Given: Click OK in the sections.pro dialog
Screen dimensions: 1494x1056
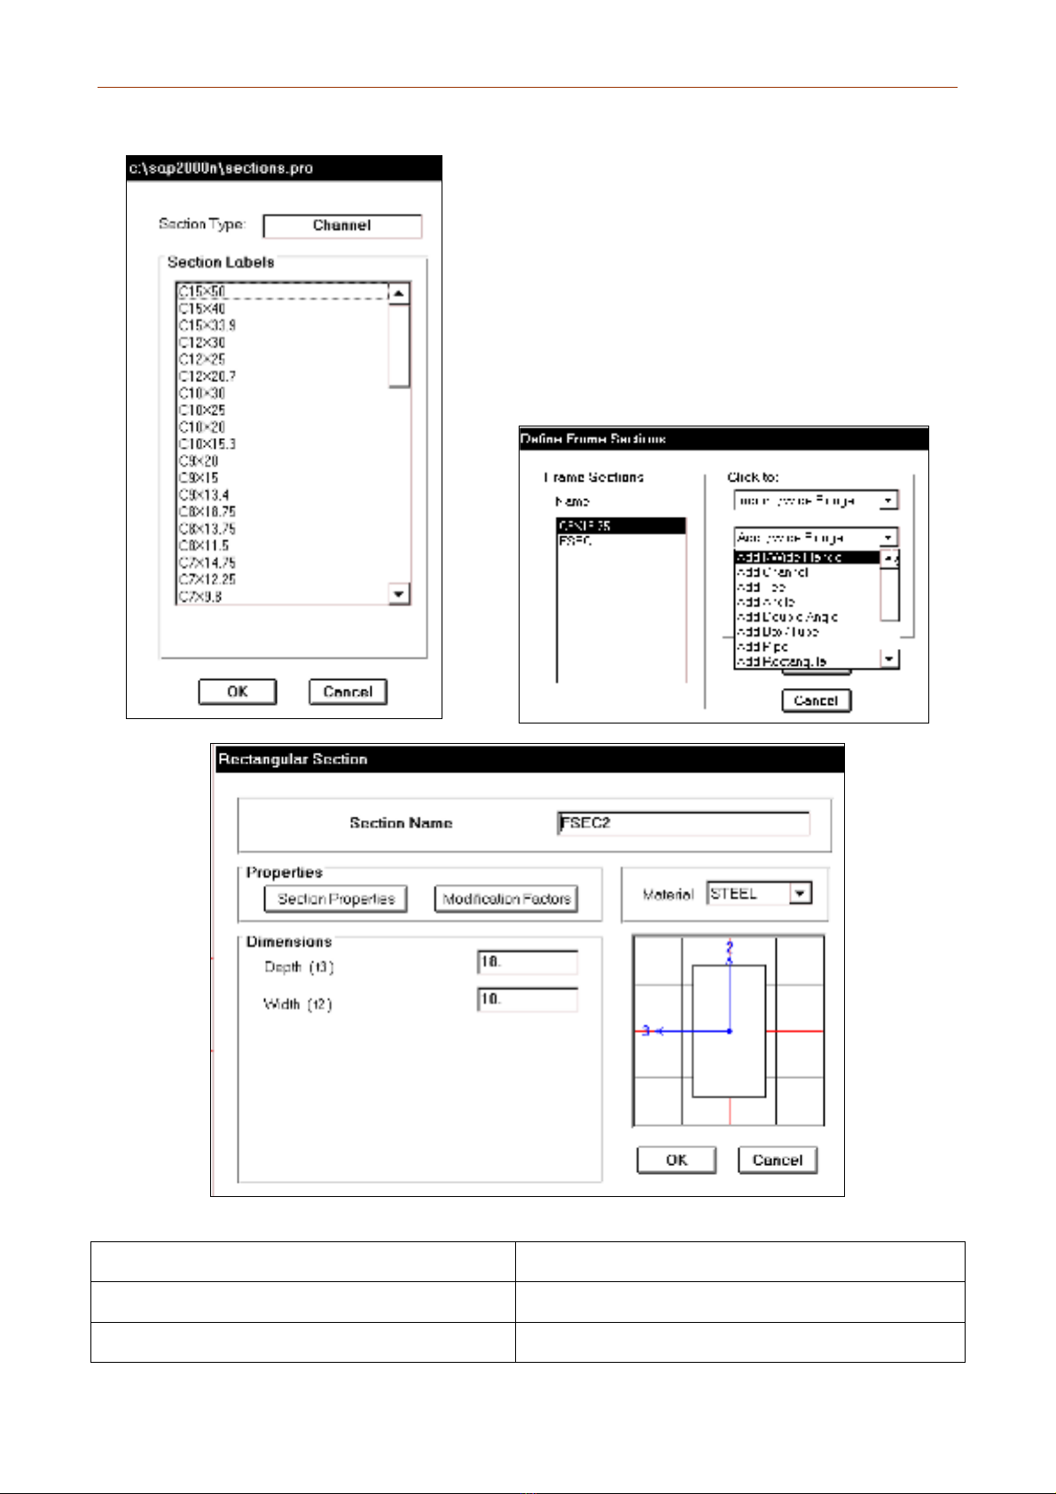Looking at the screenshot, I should (237, 692).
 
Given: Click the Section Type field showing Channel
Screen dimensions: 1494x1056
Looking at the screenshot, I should (342, 226).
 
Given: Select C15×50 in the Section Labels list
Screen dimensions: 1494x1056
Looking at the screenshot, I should (202, 292).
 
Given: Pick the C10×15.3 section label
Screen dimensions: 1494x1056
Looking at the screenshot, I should (207, 444).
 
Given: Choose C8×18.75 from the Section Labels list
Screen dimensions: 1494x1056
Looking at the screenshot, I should (207, 512).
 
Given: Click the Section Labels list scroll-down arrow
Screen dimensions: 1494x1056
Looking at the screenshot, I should (400, 594).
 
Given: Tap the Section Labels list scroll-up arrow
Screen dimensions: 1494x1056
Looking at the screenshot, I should (400, 293).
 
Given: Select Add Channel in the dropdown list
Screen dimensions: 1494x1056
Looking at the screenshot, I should (772, 573).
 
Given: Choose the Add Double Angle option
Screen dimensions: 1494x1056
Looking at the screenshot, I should (787, 617).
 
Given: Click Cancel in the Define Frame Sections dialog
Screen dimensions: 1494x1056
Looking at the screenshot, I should (816, 700).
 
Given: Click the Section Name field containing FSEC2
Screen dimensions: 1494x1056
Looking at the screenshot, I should (683, 824).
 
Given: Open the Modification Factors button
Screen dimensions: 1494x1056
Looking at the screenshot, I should (506, 899).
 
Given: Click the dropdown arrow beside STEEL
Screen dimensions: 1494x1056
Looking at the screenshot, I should (801, 894).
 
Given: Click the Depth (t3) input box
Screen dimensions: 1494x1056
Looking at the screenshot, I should (528, 963).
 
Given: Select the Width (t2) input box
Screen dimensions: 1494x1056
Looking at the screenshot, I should (528, 1000).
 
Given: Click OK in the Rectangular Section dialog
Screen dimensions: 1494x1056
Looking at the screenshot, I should (676, 1160).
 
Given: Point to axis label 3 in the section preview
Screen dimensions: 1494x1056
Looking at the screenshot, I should (646, 1031).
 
